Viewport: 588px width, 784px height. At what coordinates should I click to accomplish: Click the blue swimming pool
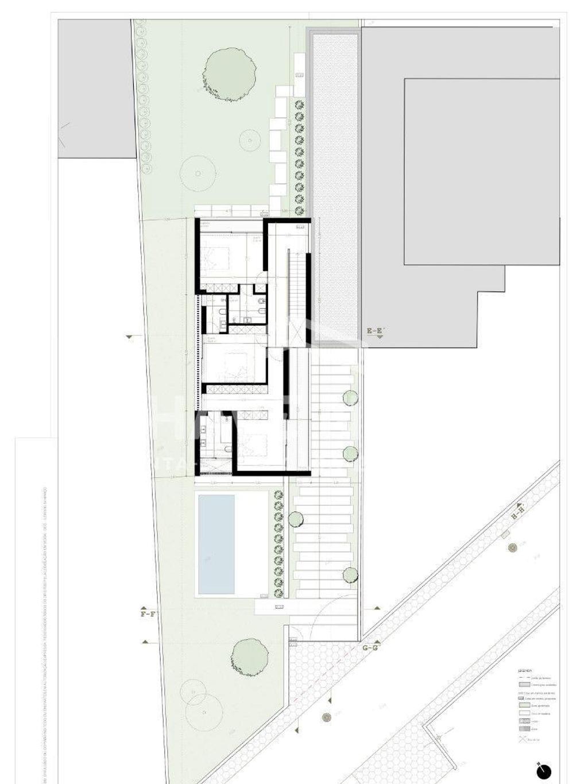coord(216,544)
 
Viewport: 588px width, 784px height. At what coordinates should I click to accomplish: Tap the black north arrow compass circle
coord(544,771)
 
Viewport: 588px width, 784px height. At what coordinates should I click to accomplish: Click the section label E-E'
coord(374,331)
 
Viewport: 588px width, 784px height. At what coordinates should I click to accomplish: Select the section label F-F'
coord(148,614)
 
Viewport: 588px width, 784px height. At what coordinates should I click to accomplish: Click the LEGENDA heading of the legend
coord(525,671)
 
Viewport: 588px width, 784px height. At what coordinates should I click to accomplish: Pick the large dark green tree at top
coord(229,69)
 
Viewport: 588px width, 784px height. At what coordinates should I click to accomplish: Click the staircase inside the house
coord(297,287)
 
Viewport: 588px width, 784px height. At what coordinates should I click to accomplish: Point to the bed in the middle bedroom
coord(232,362)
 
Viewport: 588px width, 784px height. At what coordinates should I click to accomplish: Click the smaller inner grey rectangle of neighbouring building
coord(481,171)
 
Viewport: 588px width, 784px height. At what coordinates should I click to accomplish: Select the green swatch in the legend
coord(524,705)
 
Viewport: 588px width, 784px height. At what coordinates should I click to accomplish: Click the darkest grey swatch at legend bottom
coord(524,729)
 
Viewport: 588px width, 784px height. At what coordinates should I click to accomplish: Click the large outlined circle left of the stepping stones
coord(198,173)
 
